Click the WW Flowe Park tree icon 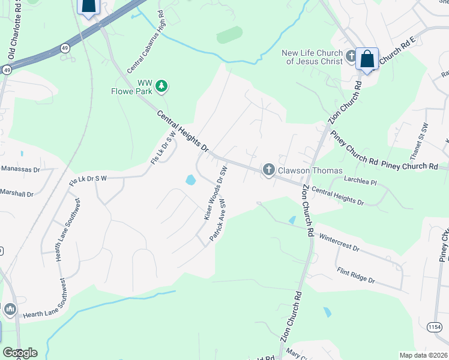click(x=161, y=87)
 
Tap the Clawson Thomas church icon click(x=268, y=170)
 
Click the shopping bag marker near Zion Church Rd click(x=367, y=59)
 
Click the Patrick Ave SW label click(x=217, y=220)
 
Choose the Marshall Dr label click(x=19, y=193)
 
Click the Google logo click(x=19, y=353)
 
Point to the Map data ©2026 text click(x=423, y=355)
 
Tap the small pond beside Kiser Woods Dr click(x=191, y=179)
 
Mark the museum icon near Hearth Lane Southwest click(x=10, y=309)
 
